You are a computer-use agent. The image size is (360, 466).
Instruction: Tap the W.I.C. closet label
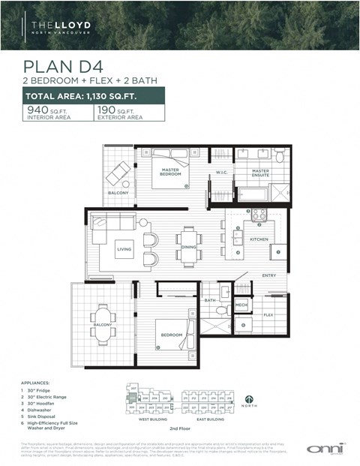[221, 173]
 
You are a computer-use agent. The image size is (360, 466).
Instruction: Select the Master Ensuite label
[260, 173]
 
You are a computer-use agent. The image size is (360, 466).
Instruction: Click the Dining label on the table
[189, 246]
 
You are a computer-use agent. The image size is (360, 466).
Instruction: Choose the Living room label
[124, 249]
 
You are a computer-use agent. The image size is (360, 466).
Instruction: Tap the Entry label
[269, 275]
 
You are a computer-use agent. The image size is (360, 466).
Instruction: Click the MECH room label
[241, 305]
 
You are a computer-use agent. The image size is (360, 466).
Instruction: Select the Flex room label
[268, 315]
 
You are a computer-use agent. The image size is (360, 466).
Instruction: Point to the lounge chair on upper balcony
[117, 174]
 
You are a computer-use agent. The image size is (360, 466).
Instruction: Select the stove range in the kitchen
[259, 215]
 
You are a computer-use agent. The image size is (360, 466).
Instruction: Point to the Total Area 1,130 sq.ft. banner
[94, 96]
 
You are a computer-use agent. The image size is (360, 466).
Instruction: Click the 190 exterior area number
[106, 110]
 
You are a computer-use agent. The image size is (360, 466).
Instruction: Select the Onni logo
[323, 448]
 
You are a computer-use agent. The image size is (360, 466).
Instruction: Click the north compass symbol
[248, 401]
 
